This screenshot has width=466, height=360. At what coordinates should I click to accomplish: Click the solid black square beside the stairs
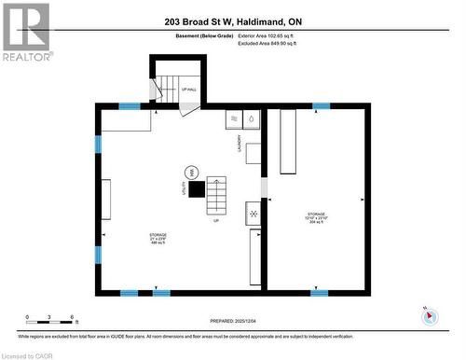click(198, 187)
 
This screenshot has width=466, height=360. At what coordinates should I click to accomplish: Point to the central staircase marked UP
click(216, 195)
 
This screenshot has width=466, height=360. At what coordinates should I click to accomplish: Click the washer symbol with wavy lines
click(233, 119)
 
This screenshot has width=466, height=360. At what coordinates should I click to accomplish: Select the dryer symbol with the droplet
click(251, 119)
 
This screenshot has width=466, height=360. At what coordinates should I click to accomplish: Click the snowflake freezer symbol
click(253, 213)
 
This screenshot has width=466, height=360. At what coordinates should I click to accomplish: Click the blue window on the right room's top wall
click(321, 106)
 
